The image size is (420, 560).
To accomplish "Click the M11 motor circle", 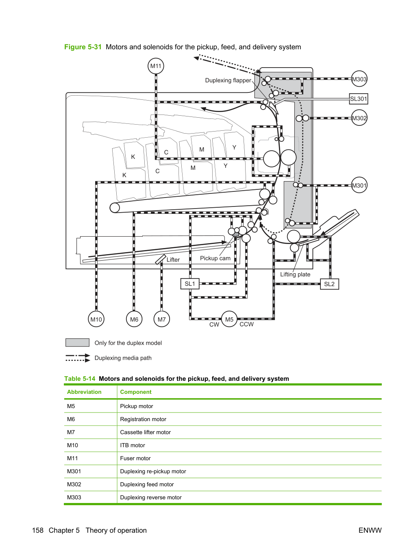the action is click(x=156, y=66).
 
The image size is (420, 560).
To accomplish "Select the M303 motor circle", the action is click(x=359, y=79).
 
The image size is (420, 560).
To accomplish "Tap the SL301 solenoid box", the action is click(x=358, y=99).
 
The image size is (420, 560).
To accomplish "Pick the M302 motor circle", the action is click(x=359, y=118).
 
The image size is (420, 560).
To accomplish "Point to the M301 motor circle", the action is click(x=359, y=185).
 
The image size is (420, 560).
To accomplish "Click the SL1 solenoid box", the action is click(x=190, y=284).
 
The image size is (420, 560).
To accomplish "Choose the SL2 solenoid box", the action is click(x=329, y=284).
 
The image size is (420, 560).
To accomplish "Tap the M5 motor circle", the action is click(x=229, y=319).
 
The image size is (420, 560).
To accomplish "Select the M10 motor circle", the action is click(x=96, y=319).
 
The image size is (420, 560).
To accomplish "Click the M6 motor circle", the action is click(x=134, y=319).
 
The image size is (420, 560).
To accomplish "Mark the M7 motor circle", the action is click(x=161, y=319).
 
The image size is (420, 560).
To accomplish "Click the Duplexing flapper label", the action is click(x=228, y=80).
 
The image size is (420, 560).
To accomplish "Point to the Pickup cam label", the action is click(x=215, y=258).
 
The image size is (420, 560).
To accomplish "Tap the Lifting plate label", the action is click(x=295, y=274).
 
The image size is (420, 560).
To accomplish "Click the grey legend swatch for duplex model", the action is click(x=77, y=343).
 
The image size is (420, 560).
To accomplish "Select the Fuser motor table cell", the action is click(x=135, y=458).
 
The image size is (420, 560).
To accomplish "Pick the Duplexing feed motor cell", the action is click(x=147, y=484).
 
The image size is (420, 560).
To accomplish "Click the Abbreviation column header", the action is click(x=84, y=392).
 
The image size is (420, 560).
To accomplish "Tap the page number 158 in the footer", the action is click(x=38, y=530).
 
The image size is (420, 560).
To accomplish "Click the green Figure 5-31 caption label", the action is click(x=83, y=47).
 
